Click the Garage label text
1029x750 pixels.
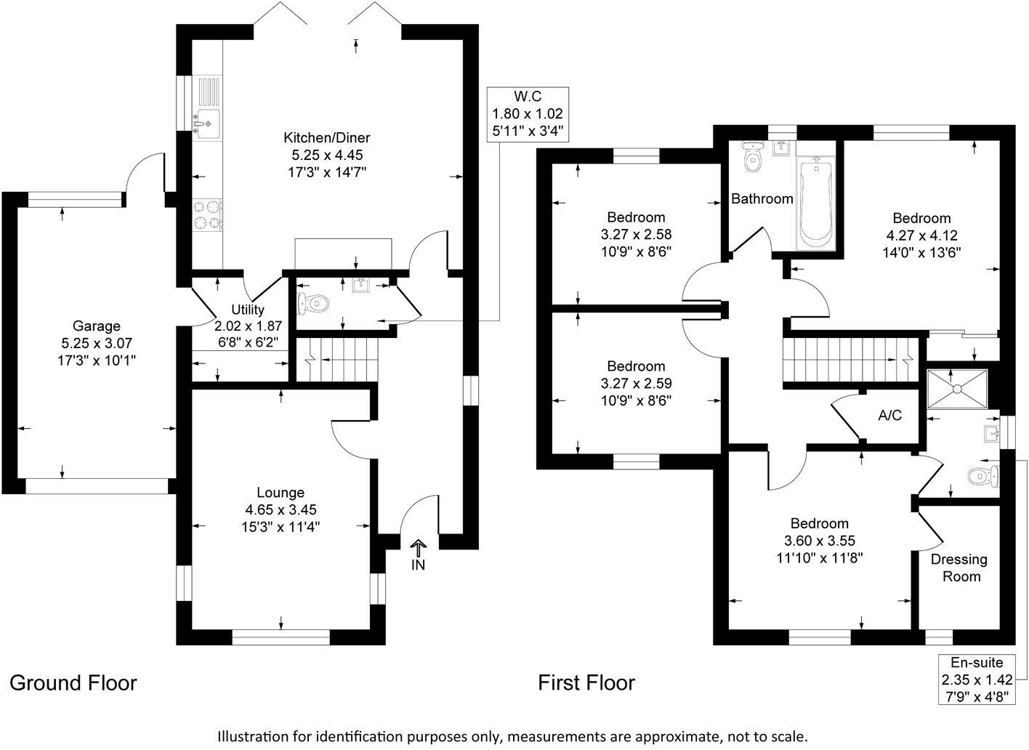(x=96, y=326)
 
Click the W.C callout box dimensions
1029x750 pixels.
(x=528, y=114)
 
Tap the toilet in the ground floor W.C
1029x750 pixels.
(x=312, y=302)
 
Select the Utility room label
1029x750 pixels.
(x=248, y=310)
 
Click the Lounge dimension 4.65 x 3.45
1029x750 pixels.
(x=280, y=509)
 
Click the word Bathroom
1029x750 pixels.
(x=762, y=198)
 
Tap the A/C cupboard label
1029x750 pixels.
(x=889, y=415)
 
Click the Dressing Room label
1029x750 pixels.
(x=959, y=568)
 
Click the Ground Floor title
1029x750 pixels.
(x=73, y=682)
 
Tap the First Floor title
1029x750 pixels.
(x=586, y=682)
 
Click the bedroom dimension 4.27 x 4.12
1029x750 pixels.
(x=921, y=235)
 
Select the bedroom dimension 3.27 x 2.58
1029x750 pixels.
(x=636, y=235)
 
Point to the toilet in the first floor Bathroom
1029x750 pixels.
(x=753, y=157)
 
